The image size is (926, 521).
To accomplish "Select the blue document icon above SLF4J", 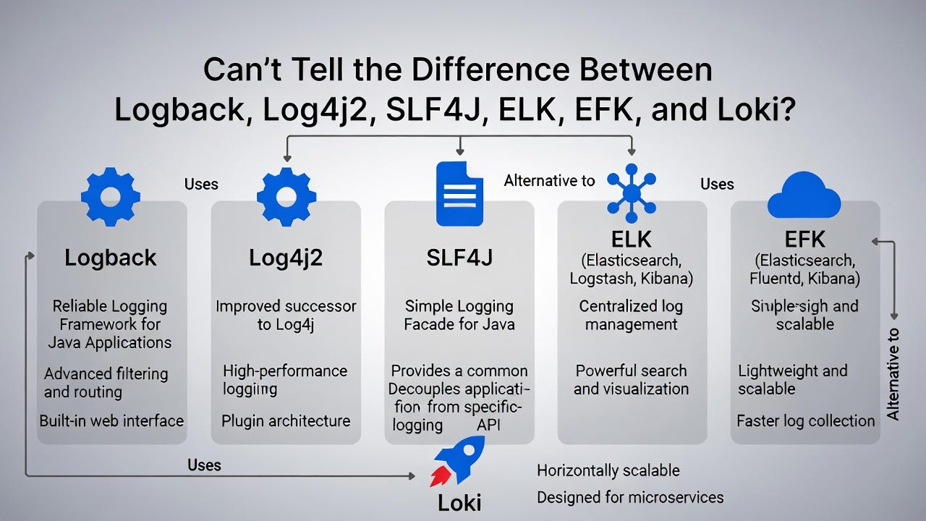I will [459, 194].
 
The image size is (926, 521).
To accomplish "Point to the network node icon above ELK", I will [632, 193].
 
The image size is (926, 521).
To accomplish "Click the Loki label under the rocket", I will [459, 503].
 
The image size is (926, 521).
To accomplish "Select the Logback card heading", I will [111, 258].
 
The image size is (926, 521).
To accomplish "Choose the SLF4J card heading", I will [459, 258].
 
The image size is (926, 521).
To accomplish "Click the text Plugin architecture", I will [286, 420].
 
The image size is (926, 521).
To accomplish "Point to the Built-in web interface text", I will [111, 420].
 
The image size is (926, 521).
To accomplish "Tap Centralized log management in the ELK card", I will [632, 315].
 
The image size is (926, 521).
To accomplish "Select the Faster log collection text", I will [805, 420].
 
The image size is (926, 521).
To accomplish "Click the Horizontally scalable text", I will [608, 471].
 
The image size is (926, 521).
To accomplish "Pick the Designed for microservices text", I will [629, 497].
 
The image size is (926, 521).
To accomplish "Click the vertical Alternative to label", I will [893, 374].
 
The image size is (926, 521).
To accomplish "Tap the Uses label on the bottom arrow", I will [204, 465].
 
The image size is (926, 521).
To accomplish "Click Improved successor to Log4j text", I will [286, 315].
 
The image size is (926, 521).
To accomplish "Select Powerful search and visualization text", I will [632, 379].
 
